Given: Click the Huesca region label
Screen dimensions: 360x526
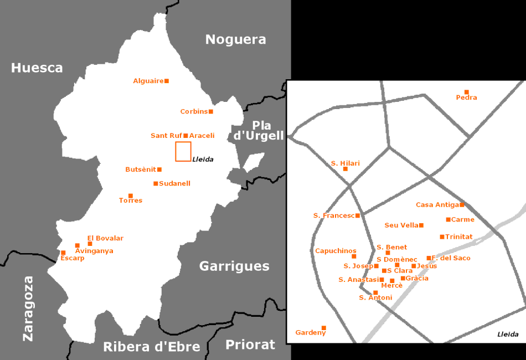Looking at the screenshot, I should (x=37, y=68).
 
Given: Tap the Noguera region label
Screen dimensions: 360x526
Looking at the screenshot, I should (x=235, y=39).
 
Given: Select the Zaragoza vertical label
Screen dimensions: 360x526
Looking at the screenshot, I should (x=28, y=308).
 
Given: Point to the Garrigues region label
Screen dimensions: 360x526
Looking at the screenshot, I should (x=234, y=266).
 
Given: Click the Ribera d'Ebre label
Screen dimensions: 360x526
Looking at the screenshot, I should (x=151, y=347).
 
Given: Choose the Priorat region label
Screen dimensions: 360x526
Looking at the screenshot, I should (x=250, y=345).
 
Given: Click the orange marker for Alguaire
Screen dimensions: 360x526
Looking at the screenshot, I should (x=167, y=81).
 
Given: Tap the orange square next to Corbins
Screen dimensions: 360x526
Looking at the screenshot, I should (x=211, y=111).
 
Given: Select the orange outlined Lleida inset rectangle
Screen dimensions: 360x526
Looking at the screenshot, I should (x=183, y=151).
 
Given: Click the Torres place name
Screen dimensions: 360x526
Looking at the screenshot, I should (x=131, y=200).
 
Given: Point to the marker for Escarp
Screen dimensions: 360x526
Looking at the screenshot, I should (x=63, y=253).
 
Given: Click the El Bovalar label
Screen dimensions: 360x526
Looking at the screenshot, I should (x=105, y=238).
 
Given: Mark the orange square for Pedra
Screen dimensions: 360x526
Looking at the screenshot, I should (x=467, y=92).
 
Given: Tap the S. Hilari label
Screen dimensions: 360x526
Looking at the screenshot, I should (x=345, y=163).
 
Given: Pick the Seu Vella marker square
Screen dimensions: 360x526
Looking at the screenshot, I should (x=421, y=225).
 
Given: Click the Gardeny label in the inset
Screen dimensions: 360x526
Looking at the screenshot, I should (x=311, y=333).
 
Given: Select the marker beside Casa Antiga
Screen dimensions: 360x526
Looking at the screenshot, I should (x=462, y=204).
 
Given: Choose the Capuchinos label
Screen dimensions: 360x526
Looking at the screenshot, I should (x=336, y=251).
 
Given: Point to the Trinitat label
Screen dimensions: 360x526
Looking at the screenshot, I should (x=459, y=236).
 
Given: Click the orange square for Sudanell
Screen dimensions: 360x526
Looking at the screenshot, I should (x=156, y=183).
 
